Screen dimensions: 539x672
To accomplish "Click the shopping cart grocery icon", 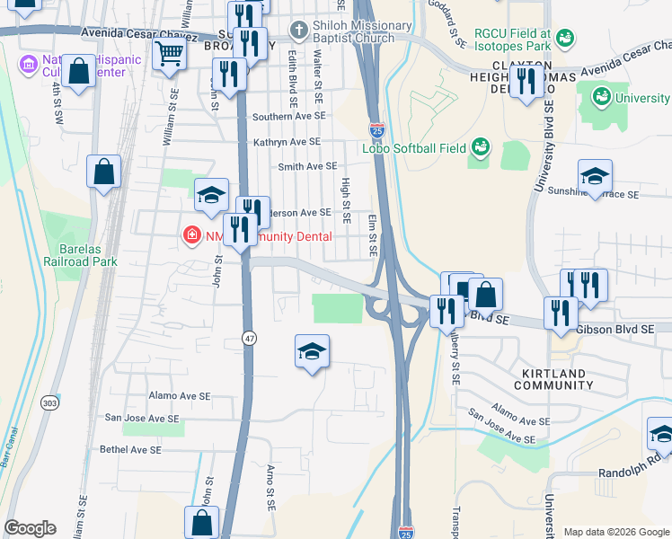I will tap(170, 54).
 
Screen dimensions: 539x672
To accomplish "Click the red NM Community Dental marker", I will tap(190, 236).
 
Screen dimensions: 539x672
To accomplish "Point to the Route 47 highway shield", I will tap(248, 338).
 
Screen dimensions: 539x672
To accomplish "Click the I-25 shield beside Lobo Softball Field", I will tap(376, 131).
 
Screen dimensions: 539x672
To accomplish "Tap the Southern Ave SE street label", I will tap(288, 117).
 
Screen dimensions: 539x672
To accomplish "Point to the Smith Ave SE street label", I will tap(307, 166).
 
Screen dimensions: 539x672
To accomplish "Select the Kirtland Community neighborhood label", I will tap(553, 379).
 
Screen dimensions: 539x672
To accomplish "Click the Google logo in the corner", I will tap(30, 528).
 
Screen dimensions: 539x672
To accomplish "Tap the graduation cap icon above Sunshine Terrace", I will tap(595, 176).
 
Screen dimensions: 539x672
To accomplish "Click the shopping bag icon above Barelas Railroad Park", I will tap(104, 172).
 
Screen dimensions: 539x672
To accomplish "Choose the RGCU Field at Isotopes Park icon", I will tap(564, 38).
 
